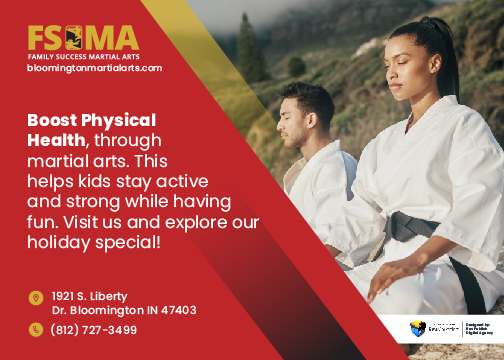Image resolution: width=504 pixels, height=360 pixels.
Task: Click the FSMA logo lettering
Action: pyautogui.click(x=82, y=38)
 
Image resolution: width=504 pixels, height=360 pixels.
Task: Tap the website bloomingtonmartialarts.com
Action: pyautogui.click(x=94, y=68)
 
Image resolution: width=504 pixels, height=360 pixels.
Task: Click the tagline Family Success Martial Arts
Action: pyautogui.click(x=82, y=56)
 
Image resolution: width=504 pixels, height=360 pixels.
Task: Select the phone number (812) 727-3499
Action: pyautogui.click(x=94, y=330)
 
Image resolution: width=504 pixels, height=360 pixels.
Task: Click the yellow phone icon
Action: pyautogui.click(x=36, y=330)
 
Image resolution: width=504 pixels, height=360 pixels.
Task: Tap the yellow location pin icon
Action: pyautogui.click(x=36, y=298)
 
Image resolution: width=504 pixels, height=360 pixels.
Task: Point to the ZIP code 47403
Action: pyautogui.click(x=177, y=311)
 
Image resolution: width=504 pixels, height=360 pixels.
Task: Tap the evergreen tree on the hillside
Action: pyautogui.click(x=251, y=50)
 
